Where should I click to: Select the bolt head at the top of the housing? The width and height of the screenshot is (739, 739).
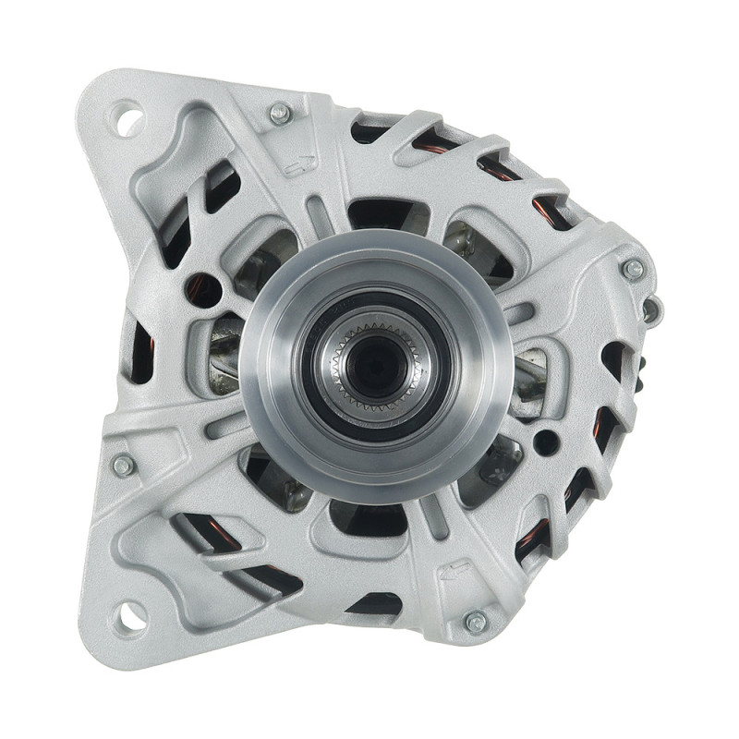[x=279, y=114]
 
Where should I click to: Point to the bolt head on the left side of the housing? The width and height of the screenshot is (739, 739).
[x=123, y=465]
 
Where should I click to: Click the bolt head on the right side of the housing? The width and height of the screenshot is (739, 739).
[x=633, y=270]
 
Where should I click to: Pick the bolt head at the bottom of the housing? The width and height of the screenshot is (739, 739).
[x=476, y=621]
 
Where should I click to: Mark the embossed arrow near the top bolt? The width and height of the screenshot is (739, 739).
[x=300, y=166]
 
